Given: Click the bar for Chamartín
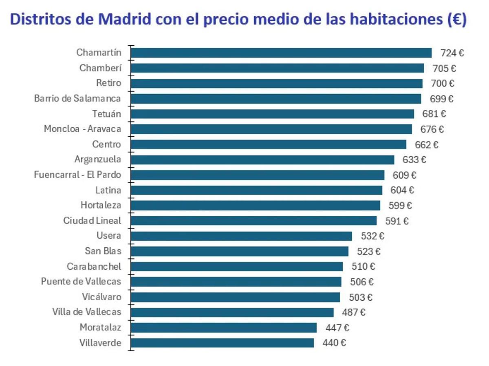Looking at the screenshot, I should pyautogui.click(x=281, y=53).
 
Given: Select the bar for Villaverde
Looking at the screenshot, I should pyautogui.click(x=222, y=343).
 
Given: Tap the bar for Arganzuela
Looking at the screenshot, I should pyautogui.click(x=263, y=160).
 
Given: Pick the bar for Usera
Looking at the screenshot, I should pyautogui.click(x=241, y=236).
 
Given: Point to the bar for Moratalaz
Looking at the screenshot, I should pyautogui.click(x=224, y=328).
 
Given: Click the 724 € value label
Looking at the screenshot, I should pyautogui.click(x=452, y=53).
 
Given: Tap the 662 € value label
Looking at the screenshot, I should pyautogui.click(x=427, y=144).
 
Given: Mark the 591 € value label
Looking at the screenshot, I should pyautogui.click(x=397, y=221).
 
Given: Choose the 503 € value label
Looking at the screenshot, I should pyautogui.click(x=360, y=297).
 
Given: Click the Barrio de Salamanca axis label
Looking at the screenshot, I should pyautogui.click(x=77, y=98).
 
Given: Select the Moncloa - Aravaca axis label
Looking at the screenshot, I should pyautogui.click(x=82, y=129).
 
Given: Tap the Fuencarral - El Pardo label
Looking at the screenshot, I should pyautogui.click(x=77, y=175).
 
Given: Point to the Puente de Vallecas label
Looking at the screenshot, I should pyautogui.click(x=81, y=282).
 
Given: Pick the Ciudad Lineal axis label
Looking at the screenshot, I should pyautogui.click(x=92, y=221).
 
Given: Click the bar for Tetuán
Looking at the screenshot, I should pyautogui.click(x=272, y=114).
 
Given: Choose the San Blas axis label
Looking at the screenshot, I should pyautogui.click(x=103, y=251).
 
